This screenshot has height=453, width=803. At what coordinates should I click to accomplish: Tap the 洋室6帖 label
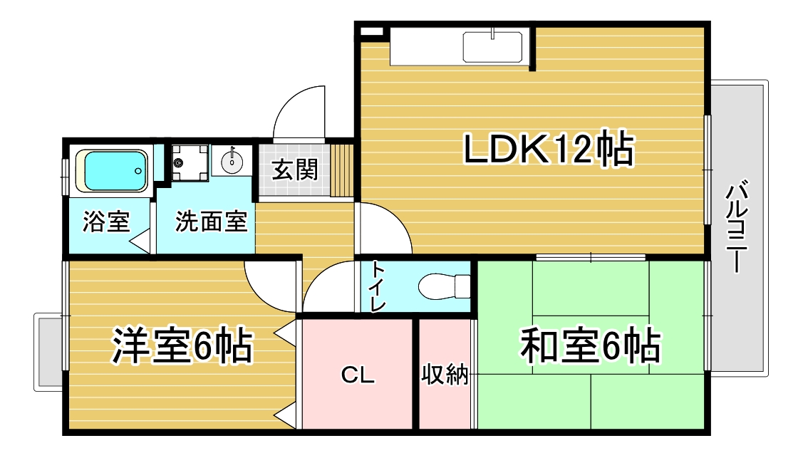coord(182,346)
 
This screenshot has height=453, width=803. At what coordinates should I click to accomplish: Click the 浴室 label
coord(106,222)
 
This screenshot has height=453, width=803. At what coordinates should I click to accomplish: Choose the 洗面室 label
coord(211,222)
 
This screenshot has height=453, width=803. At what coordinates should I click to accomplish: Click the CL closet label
coord(358,376)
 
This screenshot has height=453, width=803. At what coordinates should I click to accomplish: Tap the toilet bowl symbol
coord(442,286)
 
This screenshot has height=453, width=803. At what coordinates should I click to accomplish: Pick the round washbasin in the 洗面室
coord(232,161)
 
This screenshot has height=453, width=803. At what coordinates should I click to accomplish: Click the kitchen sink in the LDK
coord(493,47)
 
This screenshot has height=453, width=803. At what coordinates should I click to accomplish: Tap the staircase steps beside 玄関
coord(343,170)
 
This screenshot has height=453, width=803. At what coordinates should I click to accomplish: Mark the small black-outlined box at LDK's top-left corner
coord(371,32)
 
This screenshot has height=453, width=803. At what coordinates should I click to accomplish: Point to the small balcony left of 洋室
coord(48,352)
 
